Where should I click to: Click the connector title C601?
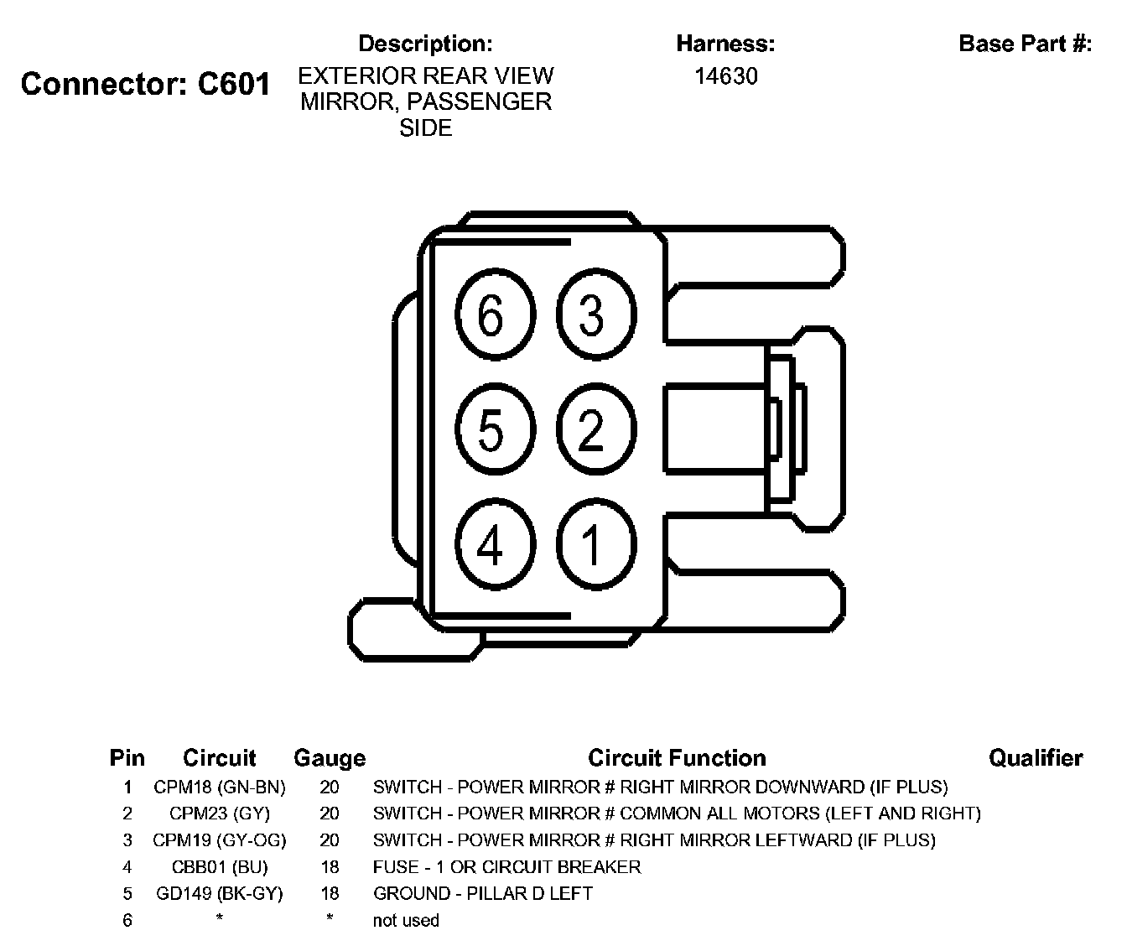point(145,84)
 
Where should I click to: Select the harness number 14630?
point(725,76)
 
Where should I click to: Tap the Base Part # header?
point(1025,44)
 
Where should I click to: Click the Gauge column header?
point(329,758)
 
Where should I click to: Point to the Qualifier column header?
point(1036,758)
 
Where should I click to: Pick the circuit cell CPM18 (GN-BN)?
point(220,787)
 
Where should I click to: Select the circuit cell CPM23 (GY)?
point(220,813)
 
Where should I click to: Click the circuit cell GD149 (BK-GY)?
point(220,893)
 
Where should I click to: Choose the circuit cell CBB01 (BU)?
point(220,866)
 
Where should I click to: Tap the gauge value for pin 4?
point(330,866)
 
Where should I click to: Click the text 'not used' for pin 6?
point(406,920)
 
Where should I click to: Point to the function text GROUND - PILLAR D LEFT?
point(483,893)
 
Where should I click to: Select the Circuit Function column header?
point(677,758)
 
